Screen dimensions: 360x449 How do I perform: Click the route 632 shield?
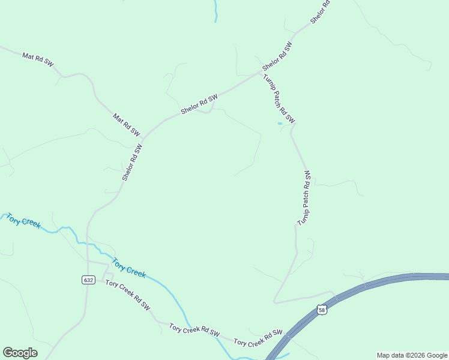88,280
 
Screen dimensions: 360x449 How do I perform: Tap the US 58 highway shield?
322,310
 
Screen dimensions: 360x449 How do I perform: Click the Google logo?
20,353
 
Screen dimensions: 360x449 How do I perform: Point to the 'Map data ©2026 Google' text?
412,355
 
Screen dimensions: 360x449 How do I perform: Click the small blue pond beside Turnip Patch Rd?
280,124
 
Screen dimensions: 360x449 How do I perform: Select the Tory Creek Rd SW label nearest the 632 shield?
127,295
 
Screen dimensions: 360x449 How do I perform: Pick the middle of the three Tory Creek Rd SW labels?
194,330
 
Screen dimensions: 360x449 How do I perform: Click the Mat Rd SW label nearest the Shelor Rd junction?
126,124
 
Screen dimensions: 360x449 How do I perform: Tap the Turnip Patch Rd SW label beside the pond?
279,98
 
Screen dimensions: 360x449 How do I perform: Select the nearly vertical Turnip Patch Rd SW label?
306,198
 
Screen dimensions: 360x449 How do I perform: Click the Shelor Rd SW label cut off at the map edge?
321,12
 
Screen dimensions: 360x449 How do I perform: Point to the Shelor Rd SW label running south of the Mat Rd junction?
132,163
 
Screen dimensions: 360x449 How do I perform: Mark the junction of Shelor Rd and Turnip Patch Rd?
262,71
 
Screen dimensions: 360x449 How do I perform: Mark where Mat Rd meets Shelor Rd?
142,138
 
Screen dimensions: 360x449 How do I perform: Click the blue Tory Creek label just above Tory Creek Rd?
129,268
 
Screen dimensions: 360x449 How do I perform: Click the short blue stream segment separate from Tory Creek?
215,11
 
